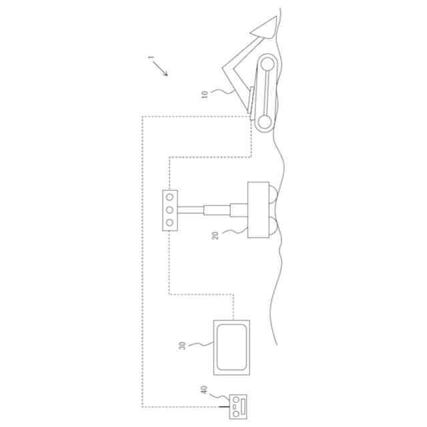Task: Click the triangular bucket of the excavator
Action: tap(265, 27)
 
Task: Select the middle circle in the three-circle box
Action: tap(170, 210)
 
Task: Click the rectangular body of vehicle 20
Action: tap(257, 210)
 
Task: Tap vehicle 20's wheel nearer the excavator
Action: tap(274, 194)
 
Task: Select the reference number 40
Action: tap(203, 390)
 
